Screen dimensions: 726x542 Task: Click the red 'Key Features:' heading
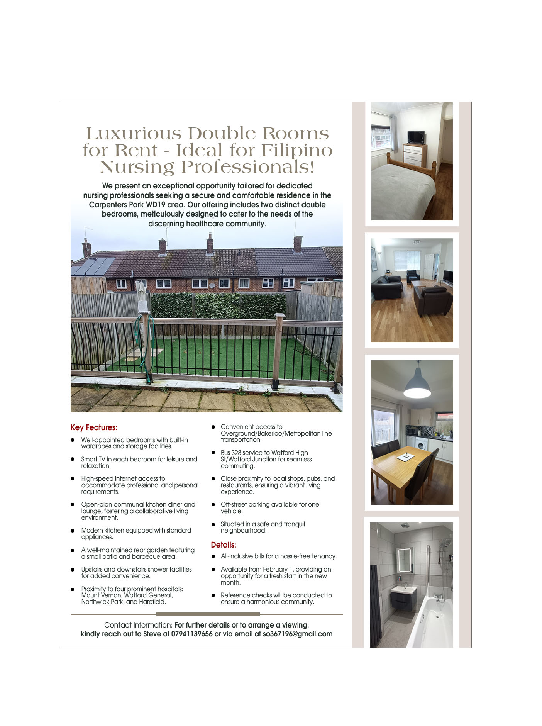[x=94, y=427]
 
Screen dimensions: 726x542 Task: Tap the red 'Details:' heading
[x=224, y=545]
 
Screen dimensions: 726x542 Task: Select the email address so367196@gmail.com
[x=298, y=634]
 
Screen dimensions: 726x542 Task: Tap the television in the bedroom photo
[x=416, y=137]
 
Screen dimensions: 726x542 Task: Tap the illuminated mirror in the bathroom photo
[x=405, y=560]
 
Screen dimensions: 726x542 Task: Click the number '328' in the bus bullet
[x=237, y=453]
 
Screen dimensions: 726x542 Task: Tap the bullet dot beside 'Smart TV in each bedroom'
[x=73, y=459]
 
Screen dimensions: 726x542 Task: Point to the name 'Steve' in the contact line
[x=152, y=634]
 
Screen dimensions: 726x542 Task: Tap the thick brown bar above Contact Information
[x=208, y=614]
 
